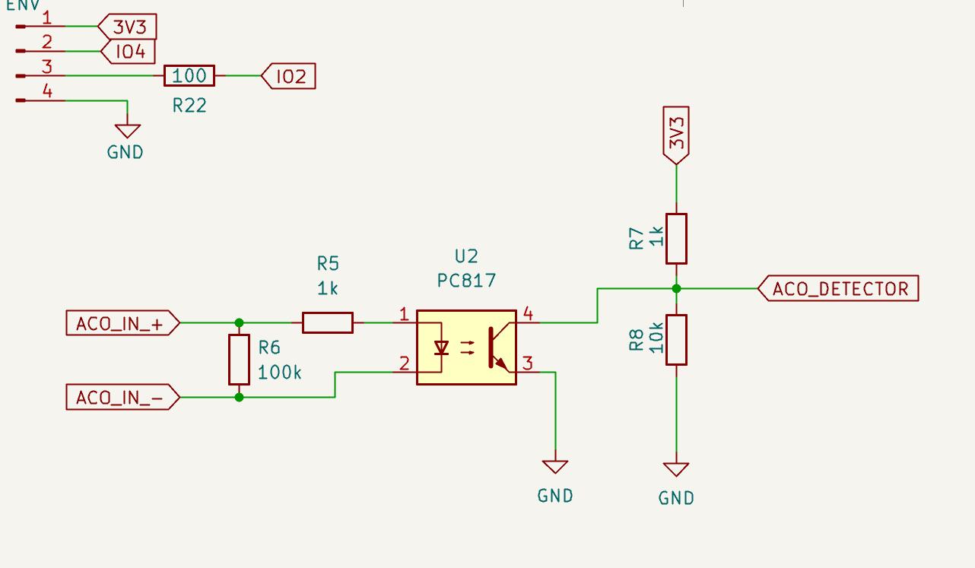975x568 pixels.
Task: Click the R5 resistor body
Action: pyautogui.click(x=327, y=322)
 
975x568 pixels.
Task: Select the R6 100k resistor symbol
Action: pyautogui.click(x=239, y=360)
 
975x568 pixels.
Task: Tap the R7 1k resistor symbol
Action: pyautogui.click(x=676, y=239)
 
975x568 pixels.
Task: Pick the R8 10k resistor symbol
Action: pyautogui.click(x=676, y=340)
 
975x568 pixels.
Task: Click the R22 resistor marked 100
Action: pyautogui.click(x=189, y=76)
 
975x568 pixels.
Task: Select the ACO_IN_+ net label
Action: pyautogui.click(x=122, y=323)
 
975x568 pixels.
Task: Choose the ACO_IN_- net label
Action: pyautogui.click(x=122, y=398)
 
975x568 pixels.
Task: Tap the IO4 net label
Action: pyautogui.click(x=128, y=52)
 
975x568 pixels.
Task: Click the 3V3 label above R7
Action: pyautogui.click(x=676, y=135)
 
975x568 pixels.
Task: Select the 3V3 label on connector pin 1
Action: pyautogui.click(x=128, y=28)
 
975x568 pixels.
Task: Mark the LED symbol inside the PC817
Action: pyautogui.click(x=440, y=347)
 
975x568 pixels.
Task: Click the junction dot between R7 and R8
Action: pyautogui.click(x=676, y=289)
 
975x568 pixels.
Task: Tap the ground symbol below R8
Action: pyautogui.click(x=676, y=469)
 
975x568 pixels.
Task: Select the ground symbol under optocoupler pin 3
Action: pyautogui.click(x=555, y=466)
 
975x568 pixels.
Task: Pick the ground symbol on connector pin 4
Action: pyautogui.click(x=127, y=131)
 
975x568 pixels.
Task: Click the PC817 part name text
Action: pyautogui.click(x=466, y=281)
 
